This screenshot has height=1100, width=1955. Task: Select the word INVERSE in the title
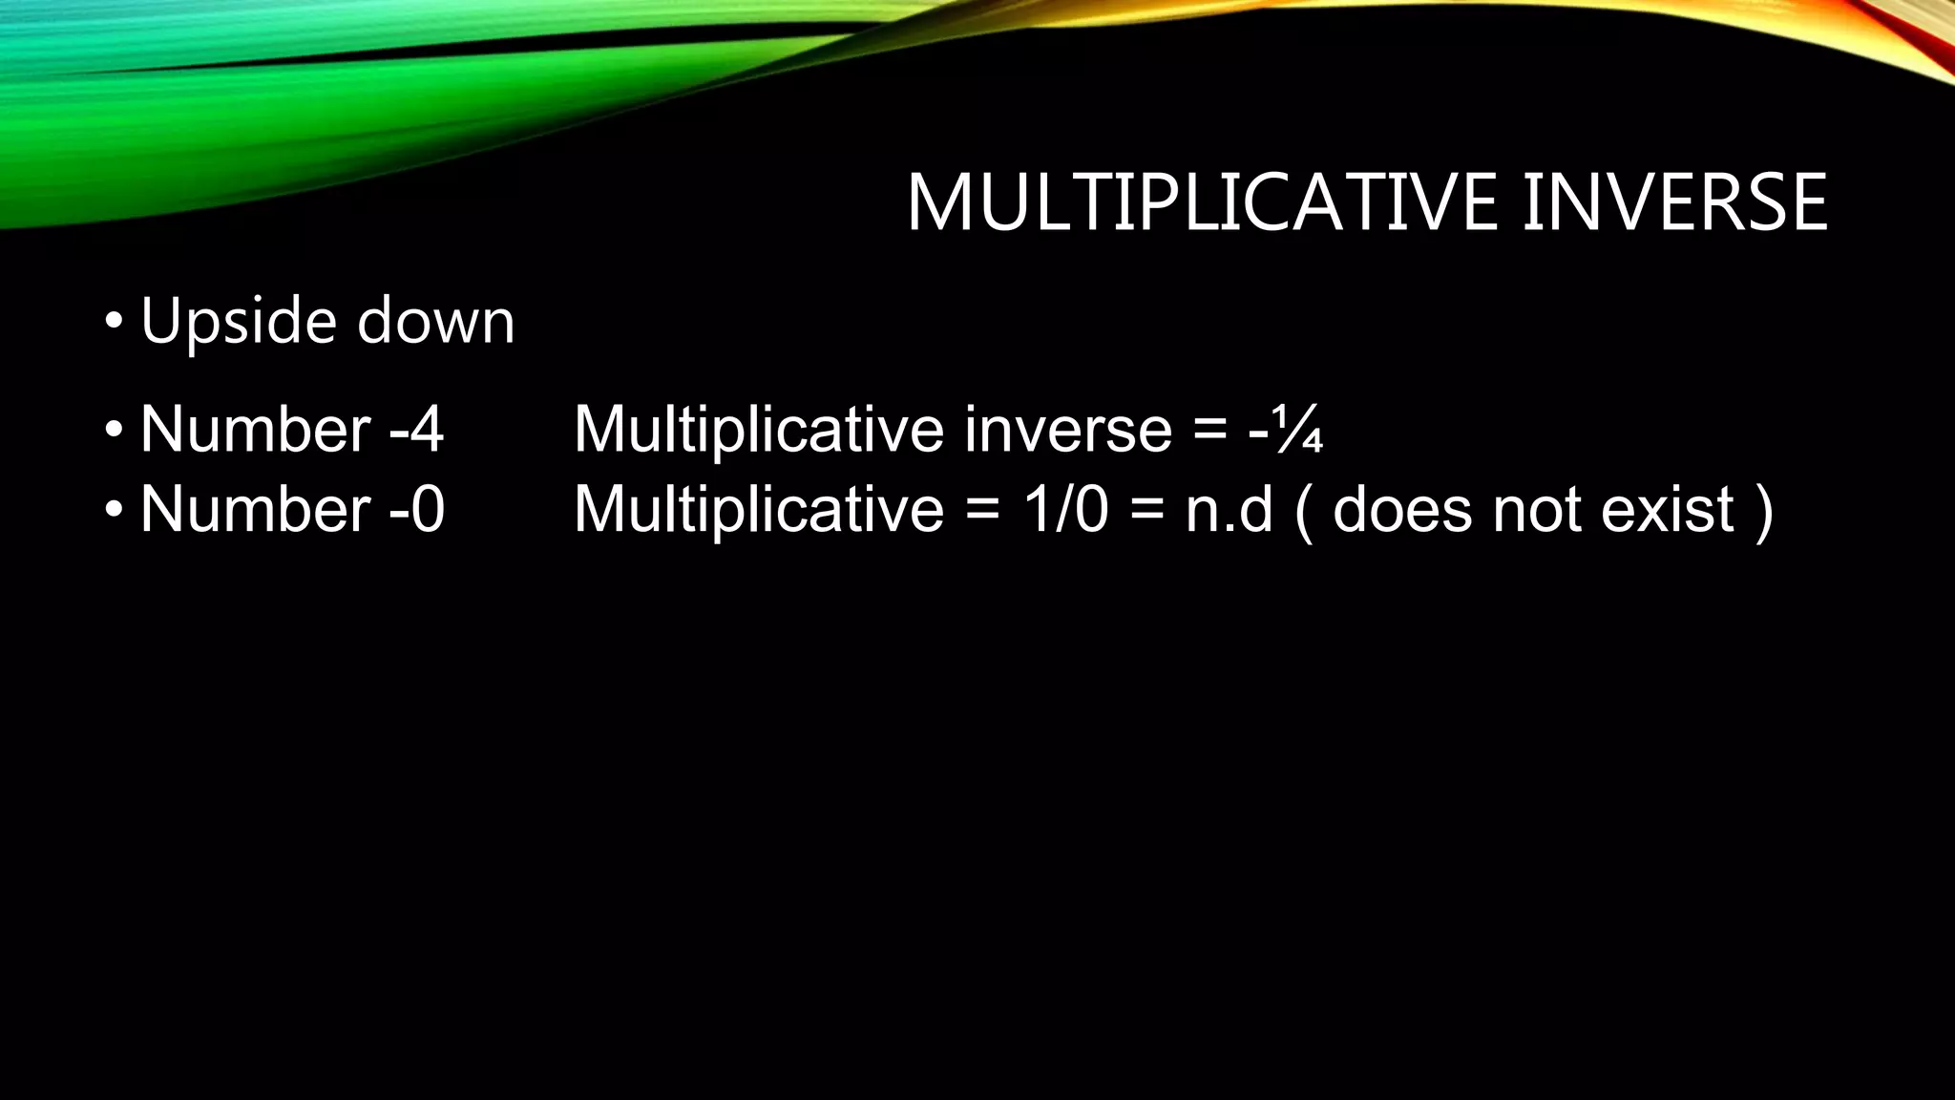pos(1674,202)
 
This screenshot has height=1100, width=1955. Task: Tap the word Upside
pos(238,322)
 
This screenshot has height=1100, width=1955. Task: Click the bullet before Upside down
pos(114,322)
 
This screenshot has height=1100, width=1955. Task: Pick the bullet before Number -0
pos(114,510)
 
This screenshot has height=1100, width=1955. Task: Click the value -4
pos(417,430)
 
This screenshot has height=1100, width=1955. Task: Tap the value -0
pos(417,509)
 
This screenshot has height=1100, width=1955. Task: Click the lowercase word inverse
pos(1068,430)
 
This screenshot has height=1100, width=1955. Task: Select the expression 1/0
pos(1065,509)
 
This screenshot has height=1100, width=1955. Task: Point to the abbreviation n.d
pos(1230,509)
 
